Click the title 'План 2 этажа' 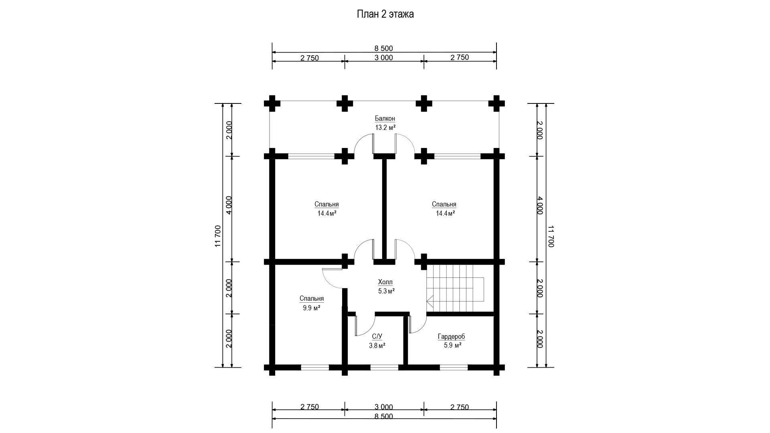point(385,14)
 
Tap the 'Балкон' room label point(385,118)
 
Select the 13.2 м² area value point(385,127)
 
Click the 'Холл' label point(385,282)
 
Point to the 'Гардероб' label point(452,337)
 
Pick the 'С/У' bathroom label point(377,337)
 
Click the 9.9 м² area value point(312,308)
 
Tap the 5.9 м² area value point(452,346)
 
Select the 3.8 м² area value point(377,346)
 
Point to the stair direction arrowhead point(430,299)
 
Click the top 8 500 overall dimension point(384,49)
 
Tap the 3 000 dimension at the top point(384,58)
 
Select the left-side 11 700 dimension point(218,236)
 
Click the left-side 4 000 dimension point(228,205)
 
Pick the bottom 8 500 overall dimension point(384,417)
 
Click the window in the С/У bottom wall point(384,367)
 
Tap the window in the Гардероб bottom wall point(454,367)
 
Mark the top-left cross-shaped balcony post point(272,103)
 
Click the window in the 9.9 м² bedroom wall point(315,367)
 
